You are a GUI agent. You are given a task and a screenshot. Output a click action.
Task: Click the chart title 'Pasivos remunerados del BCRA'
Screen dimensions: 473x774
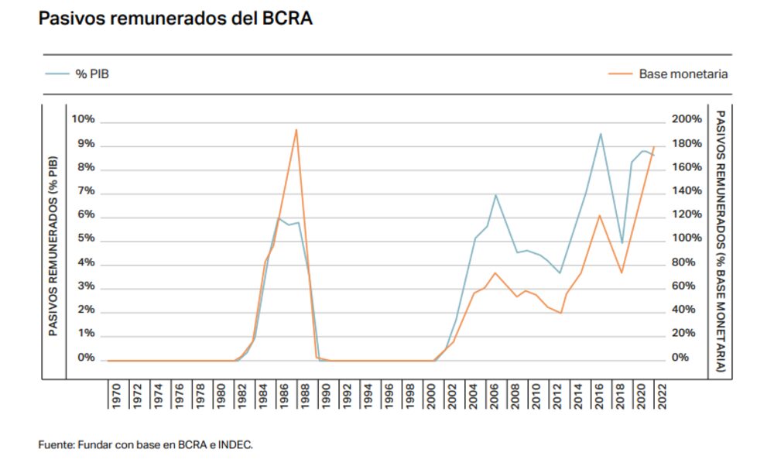coord(175,19)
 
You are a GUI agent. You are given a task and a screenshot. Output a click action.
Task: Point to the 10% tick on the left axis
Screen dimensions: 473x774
coord(83,119)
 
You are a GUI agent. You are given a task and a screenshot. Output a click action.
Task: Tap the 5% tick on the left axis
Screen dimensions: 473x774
coord(85,238)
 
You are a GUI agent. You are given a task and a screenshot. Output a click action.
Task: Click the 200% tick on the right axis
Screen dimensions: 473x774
coord(687,119)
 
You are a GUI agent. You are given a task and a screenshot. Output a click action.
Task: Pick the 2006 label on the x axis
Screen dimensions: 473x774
coord(495,396)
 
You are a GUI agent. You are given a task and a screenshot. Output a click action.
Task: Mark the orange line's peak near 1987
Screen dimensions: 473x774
coord(296,129)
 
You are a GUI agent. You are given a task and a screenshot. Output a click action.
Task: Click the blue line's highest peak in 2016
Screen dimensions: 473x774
coord(600,133)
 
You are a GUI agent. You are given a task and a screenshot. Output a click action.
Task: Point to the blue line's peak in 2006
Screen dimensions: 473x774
coord(495,194)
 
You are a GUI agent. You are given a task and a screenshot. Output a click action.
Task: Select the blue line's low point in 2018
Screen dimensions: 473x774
coord(622,243)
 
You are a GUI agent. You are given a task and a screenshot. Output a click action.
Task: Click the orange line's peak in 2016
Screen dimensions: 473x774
coord(600,215)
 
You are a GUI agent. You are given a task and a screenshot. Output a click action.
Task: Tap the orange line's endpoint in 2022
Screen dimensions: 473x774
coord(655,146)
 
